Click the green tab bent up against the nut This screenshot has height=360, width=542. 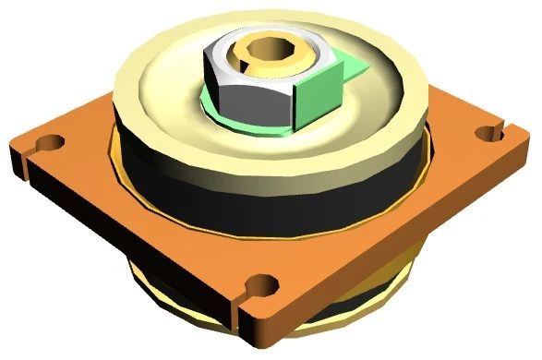coord(319,99)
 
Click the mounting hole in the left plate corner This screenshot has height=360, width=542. coord(52,144)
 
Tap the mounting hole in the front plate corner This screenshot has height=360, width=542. coord(264,283)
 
